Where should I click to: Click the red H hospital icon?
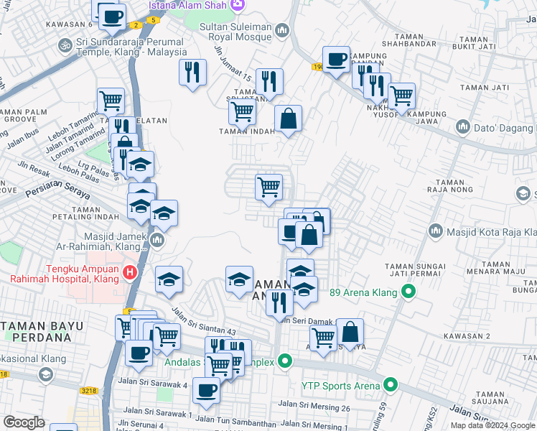pyautogui.click(x=129, y=272)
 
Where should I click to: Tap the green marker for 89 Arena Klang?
pyautogui.click(x=408, y=292)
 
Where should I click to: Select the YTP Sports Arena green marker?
pyautogui.click(x=391, y=385)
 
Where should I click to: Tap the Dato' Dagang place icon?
pyautogui.click(x=463, y=128)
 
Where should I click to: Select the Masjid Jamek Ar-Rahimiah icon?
pyautogui.click(x=157, y=239)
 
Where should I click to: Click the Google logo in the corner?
pyautogui.click(x=24, y=422)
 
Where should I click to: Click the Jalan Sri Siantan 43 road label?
pyautogui.click(x=203, y=322)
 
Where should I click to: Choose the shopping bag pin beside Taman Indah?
pyautogui.click(x=288, y=119)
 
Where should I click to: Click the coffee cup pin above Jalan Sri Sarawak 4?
pyautogui.click(x=207, y=390)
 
